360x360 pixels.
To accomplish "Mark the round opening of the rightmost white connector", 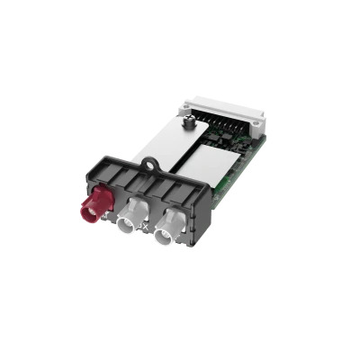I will pyautogui.click(x=164, y=238).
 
